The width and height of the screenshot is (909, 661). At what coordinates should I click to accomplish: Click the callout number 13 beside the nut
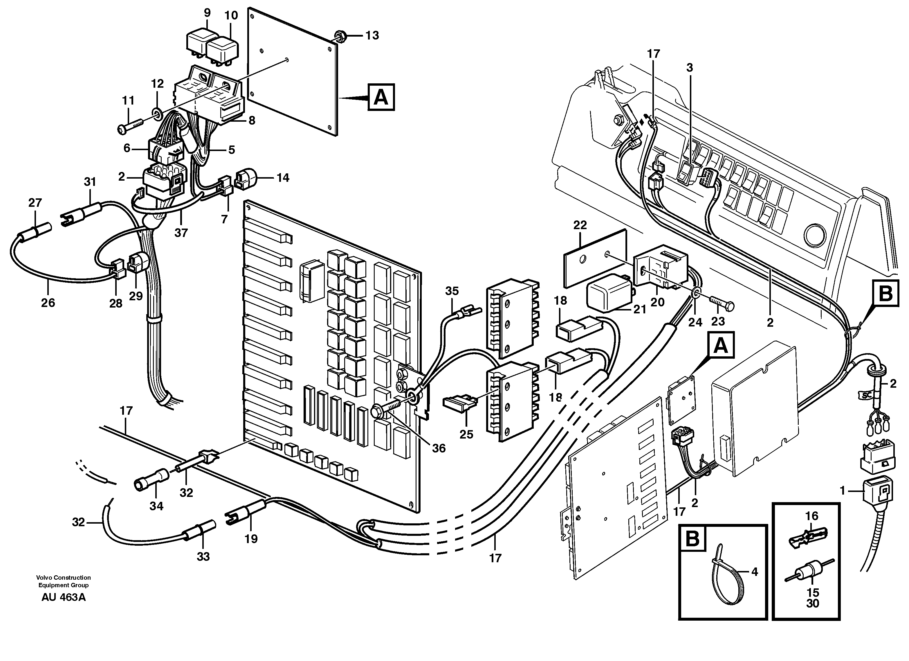pyautogui.click(x=372, y=35)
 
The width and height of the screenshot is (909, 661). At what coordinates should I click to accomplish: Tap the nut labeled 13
pyautogui.click(x=339, y=37)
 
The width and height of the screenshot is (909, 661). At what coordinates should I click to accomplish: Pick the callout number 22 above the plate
pyautogui.click(x=580, y=225)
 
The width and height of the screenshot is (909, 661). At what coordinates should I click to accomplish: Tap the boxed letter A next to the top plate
pyautogui.click(x=381, y=97)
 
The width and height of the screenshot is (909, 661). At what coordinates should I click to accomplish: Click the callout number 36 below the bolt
pyautogui.click(x=439, y=448)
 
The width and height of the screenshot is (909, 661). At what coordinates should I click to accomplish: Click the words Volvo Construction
pyautogui.click(x=63, y=578)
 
